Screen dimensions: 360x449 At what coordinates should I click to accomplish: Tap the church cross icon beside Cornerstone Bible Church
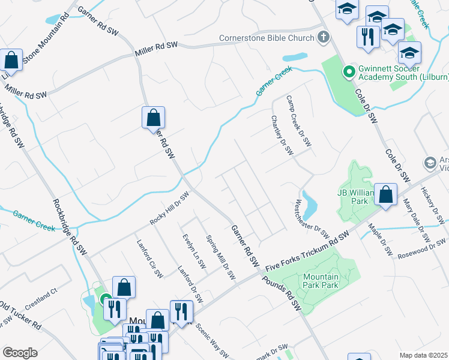pyautogui.click(x=324, y=38)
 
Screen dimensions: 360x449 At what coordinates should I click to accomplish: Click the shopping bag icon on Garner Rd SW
pyautogui.click(x=154, y=117)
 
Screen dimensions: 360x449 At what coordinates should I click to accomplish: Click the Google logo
pyautogui.click(x=20, y=352)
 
